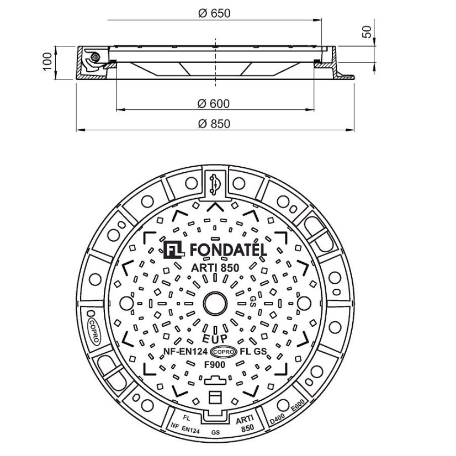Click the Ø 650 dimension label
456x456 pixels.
pos(213,12)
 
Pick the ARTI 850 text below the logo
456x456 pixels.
pos(215,268)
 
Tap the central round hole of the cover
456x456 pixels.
pos(214,303)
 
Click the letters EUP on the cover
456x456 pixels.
pos(213,338)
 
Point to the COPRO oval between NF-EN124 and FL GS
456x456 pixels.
pos(224,351)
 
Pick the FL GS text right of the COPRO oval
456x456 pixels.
pos(254,351)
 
